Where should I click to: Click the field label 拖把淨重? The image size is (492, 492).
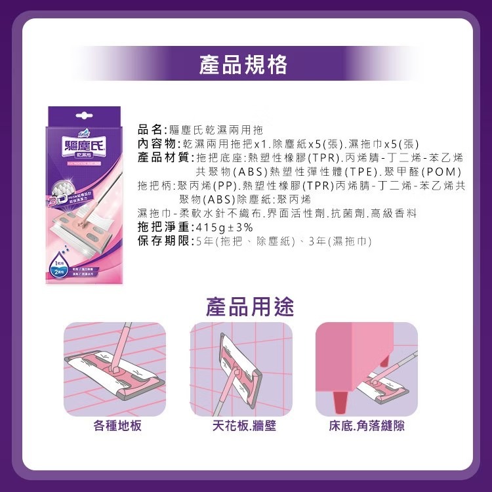tap(161, 228)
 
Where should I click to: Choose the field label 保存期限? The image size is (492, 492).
tap(161, 241)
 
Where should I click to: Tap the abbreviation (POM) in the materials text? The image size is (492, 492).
tap(450, 171)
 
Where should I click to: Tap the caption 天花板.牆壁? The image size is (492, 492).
tap(244, 426)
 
